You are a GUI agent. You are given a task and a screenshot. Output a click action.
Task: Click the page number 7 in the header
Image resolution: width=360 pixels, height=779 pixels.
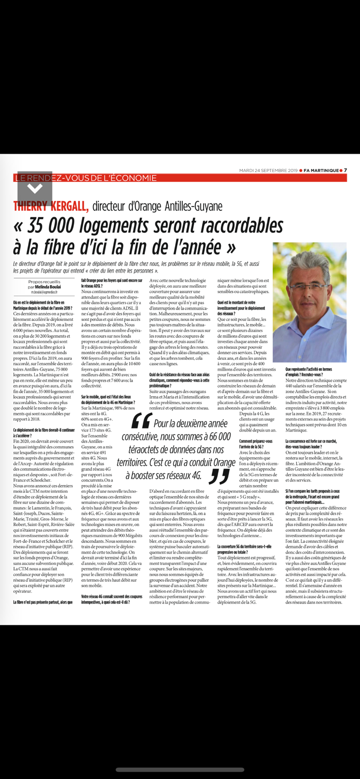[x=345, y=170]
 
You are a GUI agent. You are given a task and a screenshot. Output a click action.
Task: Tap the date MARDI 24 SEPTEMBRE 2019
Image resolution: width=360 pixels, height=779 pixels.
[x=268, y=170]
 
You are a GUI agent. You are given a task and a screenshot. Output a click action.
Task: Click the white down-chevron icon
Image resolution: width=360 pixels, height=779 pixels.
[x=34, y=187]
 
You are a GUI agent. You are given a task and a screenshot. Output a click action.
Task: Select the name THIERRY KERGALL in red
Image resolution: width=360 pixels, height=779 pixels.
[x=51, y=206]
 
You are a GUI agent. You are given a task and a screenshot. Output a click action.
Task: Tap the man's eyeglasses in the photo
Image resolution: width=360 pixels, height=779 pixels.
[x=309, y=286]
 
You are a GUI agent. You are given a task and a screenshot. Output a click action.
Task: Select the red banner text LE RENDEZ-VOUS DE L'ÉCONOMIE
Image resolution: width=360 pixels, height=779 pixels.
[x=85, y=178]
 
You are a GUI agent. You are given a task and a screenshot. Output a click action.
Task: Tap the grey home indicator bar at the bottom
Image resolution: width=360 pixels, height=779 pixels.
[x=180, y=769]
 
